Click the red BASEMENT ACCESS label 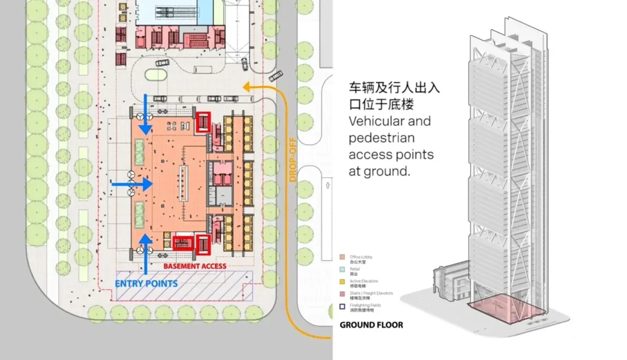coord(194,266)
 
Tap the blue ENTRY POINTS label coord(146,283)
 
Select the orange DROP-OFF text coord(293,160)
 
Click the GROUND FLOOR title coord(371,325)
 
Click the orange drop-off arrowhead coord(246,88)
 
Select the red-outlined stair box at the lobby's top coord(203,123)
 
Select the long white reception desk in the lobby coord(185,183)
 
